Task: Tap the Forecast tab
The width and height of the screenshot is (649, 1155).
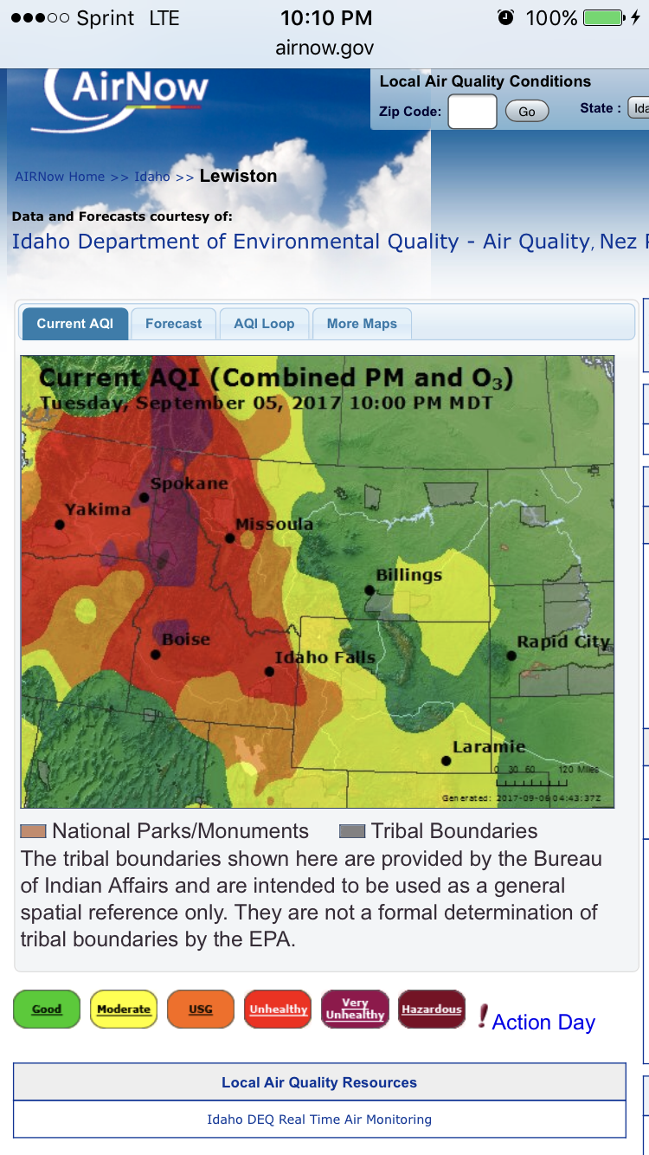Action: [x=173, y=324]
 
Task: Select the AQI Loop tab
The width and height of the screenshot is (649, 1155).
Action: [x=264, y=324]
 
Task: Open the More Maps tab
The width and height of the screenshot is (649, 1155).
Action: [x=362, y=324]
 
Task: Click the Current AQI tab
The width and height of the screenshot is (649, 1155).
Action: [x=74, y=324]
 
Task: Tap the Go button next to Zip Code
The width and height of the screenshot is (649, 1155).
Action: [x=527, y=112]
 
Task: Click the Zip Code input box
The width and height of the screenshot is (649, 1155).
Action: [x=472, y=112]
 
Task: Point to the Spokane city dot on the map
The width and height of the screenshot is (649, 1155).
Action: [x=145, y=498]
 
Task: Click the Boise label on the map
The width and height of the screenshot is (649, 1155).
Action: [x=186, y=639]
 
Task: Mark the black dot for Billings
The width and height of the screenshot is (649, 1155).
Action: [x=369, y=590]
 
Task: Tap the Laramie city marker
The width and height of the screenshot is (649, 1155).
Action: [x=447, y=760]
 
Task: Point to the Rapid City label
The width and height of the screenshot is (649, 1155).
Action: [x=563, y=642]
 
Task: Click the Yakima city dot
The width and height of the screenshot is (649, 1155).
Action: [x=60, y=525]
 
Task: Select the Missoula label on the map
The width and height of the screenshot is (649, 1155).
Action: [x=274, y=525]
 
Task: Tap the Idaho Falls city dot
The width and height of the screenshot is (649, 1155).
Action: [x=269, y=671]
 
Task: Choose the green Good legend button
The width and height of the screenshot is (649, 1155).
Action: [x=47, y=1009]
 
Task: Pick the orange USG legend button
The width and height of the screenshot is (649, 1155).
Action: [x=201, y=1009]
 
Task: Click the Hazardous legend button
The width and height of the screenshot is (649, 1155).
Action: [x=432, y=1009]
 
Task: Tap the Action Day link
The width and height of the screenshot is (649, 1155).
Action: [x=543, y=1022]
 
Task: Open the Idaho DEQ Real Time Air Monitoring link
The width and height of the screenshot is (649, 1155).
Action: [x=319, y=1120]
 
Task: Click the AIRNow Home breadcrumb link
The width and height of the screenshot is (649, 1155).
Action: [x=60, y=177]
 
